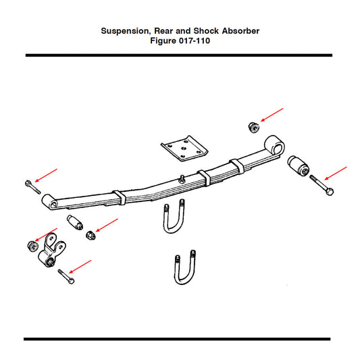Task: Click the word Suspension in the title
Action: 126,31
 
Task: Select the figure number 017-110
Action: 195,41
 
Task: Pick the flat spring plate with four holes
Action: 184,149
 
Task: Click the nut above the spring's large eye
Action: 254,127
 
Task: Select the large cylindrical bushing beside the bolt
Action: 298,165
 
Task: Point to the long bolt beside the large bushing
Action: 322,185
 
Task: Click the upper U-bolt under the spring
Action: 174,216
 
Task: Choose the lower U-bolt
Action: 185,267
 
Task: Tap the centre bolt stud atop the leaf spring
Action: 182,179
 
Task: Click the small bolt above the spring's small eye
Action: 32,187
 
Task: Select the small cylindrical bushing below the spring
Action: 75,222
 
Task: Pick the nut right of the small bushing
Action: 91,235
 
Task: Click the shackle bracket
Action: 51,251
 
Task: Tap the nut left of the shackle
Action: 32,246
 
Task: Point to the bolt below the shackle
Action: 66,276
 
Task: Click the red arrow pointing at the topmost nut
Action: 272,115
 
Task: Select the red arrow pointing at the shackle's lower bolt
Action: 80,267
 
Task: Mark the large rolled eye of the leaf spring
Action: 275,145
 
